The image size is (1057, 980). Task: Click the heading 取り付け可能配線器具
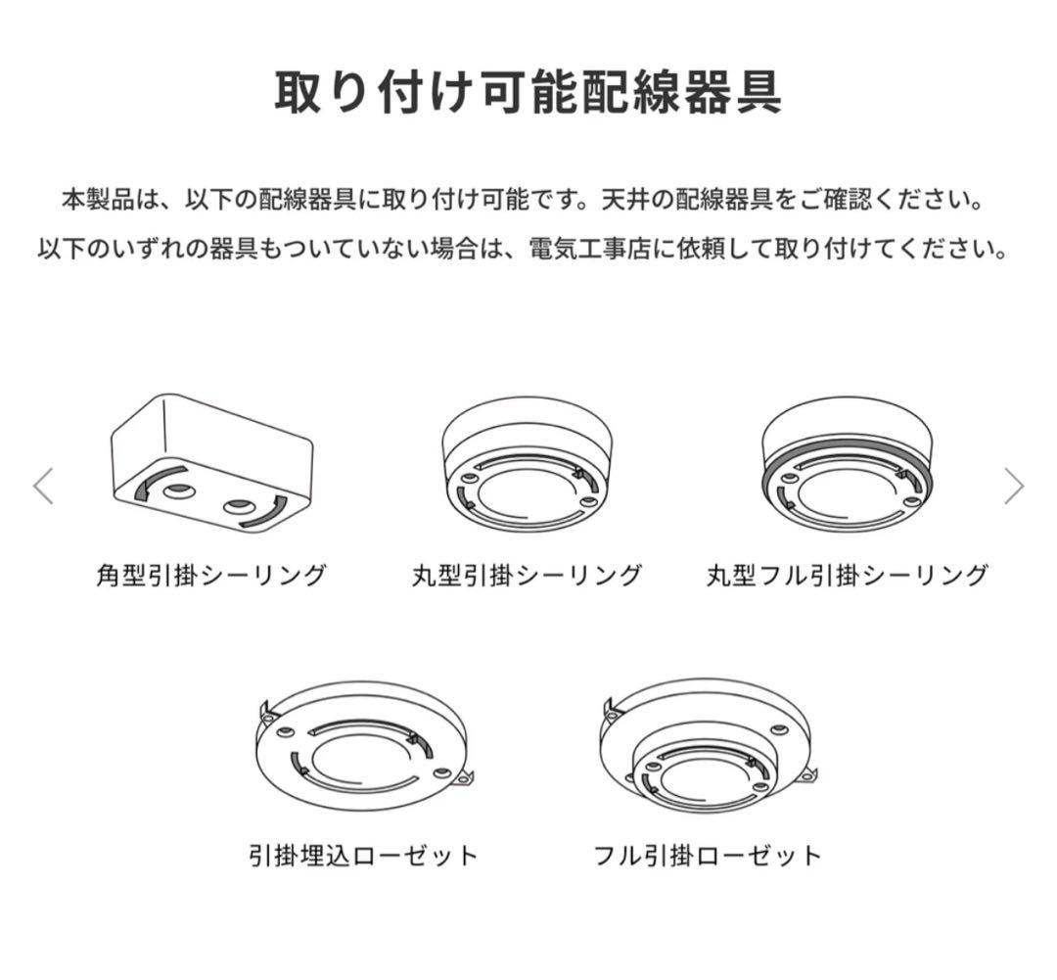[528, 94]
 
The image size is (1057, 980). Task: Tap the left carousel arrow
[43, 486]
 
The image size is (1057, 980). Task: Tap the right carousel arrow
[1014, 486]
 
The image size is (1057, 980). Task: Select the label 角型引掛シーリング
[210, 575]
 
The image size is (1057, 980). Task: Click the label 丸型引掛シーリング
[528, 575]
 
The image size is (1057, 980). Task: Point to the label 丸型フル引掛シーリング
[848, 575]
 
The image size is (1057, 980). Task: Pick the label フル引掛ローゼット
[709, 855]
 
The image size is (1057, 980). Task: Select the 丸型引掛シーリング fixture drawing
[528, 465]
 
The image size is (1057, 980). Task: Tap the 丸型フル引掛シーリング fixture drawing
[845, 465]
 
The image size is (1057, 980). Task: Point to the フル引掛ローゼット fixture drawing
[707, 749]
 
